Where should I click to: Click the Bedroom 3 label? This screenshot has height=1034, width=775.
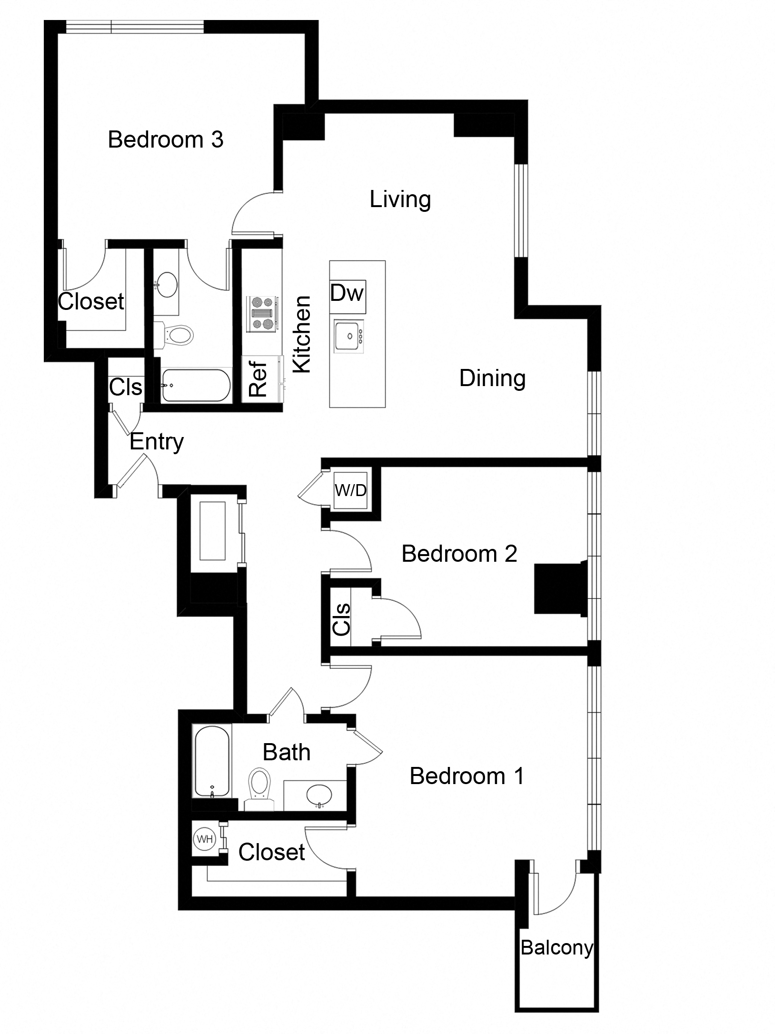165,139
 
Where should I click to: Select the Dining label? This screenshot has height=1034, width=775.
492,378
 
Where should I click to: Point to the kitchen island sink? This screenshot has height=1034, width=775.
348,336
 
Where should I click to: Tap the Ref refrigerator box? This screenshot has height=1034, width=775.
258,379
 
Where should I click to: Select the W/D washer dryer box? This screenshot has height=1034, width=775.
350,491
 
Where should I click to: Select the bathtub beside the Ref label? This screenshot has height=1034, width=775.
195,385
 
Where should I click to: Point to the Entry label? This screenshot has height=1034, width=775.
157,442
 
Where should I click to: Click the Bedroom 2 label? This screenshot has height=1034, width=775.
459,554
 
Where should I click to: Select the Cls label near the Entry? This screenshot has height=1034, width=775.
125,387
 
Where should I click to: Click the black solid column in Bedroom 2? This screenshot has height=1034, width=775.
558,588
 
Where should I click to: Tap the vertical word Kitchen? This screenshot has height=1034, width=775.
302,334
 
